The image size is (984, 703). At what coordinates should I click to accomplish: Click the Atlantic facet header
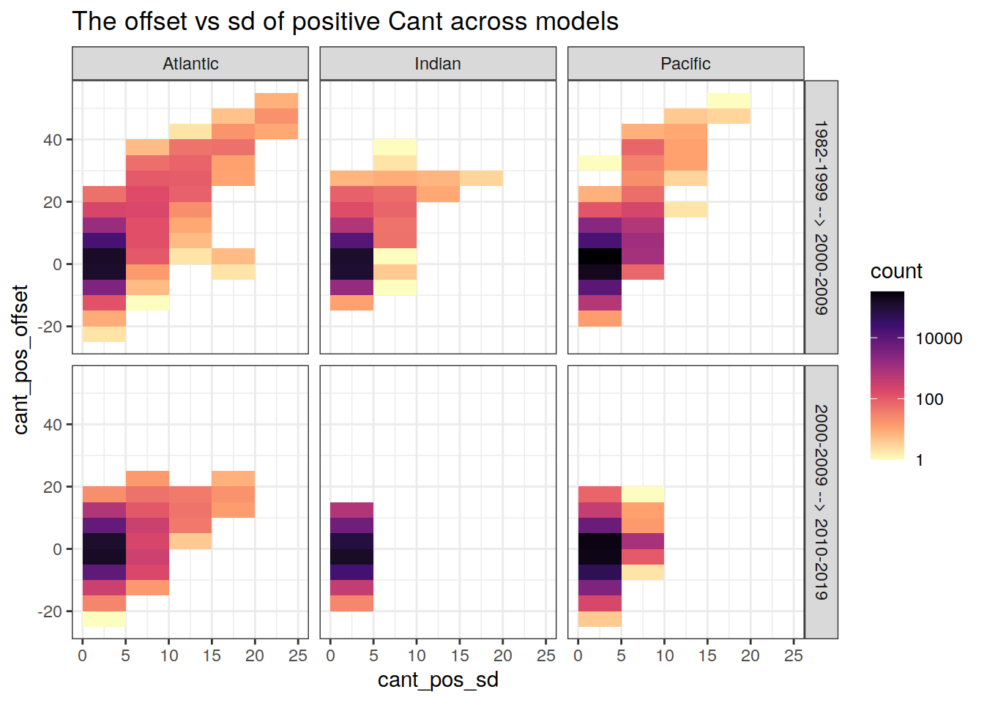190,64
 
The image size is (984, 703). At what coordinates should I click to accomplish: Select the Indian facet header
438,64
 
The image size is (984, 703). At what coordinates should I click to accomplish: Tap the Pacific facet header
685,64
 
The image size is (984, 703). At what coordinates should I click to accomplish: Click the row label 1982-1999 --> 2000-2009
821,217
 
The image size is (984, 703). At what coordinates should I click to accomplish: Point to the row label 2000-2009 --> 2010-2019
821,502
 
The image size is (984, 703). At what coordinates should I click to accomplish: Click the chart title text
345,21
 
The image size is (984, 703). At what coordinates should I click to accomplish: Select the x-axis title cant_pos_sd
438,680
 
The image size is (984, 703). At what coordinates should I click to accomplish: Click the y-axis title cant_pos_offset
20,360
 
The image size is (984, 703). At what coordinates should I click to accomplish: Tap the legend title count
896,271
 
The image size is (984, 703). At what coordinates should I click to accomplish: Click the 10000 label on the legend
939,338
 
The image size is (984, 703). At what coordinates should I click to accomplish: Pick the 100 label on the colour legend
929,399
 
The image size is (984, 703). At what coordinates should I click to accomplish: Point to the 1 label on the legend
920,460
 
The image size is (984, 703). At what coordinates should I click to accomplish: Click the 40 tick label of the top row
53,139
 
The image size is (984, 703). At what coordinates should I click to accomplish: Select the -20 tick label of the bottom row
50,611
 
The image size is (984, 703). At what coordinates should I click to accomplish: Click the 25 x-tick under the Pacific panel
794,655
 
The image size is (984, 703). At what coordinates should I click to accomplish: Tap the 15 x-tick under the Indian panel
460,655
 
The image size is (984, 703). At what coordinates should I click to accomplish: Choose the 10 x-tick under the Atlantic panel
169,655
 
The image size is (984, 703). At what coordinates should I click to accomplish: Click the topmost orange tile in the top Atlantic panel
276,100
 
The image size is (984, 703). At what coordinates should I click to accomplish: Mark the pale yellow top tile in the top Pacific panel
728,100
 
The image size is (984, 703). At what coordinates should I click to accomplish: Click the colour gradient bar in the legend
887,375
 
